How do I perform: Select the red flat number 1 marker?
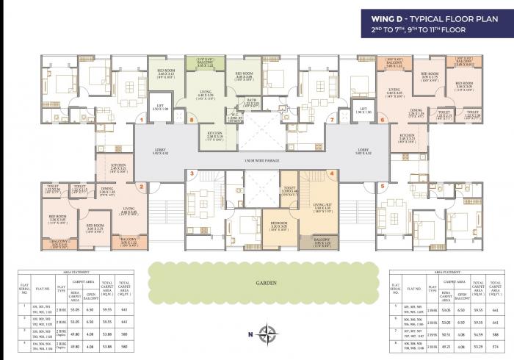141,118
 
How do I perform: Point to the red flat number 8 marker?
192,118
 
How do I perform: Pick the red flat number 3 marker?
192,174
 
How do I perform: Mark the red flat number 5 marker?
383,186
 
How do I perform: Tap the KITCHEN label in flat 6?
408,136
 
